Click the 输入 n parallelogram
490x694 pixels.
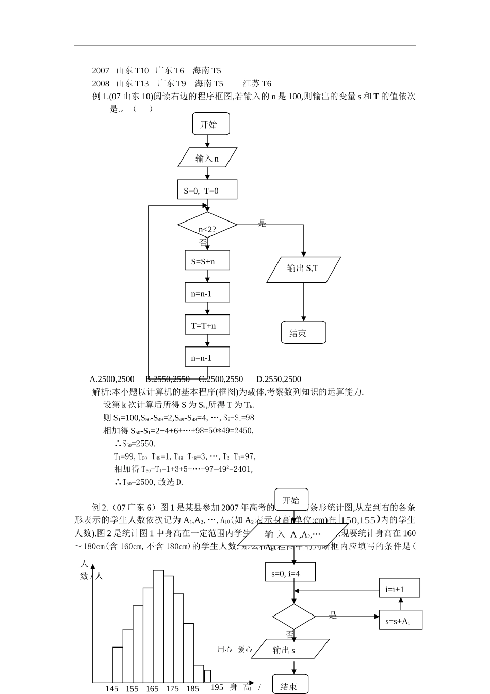(207, 157)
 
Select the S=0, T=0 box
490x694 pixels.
(207, 190)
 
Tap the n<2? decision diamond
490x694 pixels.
(207, 226)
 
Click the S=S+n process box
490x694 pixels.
(207, 260)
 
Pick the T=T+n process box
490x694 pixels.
(207, 325)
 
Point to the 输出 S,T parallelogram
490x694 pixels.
(303, 270)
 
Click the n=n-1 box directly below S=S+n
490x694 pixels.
(207, 293)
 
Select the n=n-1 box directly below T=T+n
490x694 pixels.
(207, 357)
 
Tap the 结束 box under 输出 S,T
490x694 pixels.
(303, 333)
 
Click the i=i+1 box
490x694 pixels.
(399, 588)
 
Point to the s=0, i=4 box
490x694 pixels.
(290, 572)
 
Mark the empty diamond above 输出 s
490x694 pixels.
(293, 617)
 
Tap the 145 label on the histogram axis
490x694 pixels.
(112, 688)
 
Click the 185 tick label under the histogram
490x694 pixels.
(192, 688)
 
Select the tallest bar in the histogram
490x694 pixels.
(158, 626)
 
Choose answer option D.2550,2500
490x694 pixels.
(279, 379)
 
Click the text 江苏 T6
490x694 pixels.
(257, 83)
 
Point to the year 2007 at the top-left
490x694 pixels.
(101, 70)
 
